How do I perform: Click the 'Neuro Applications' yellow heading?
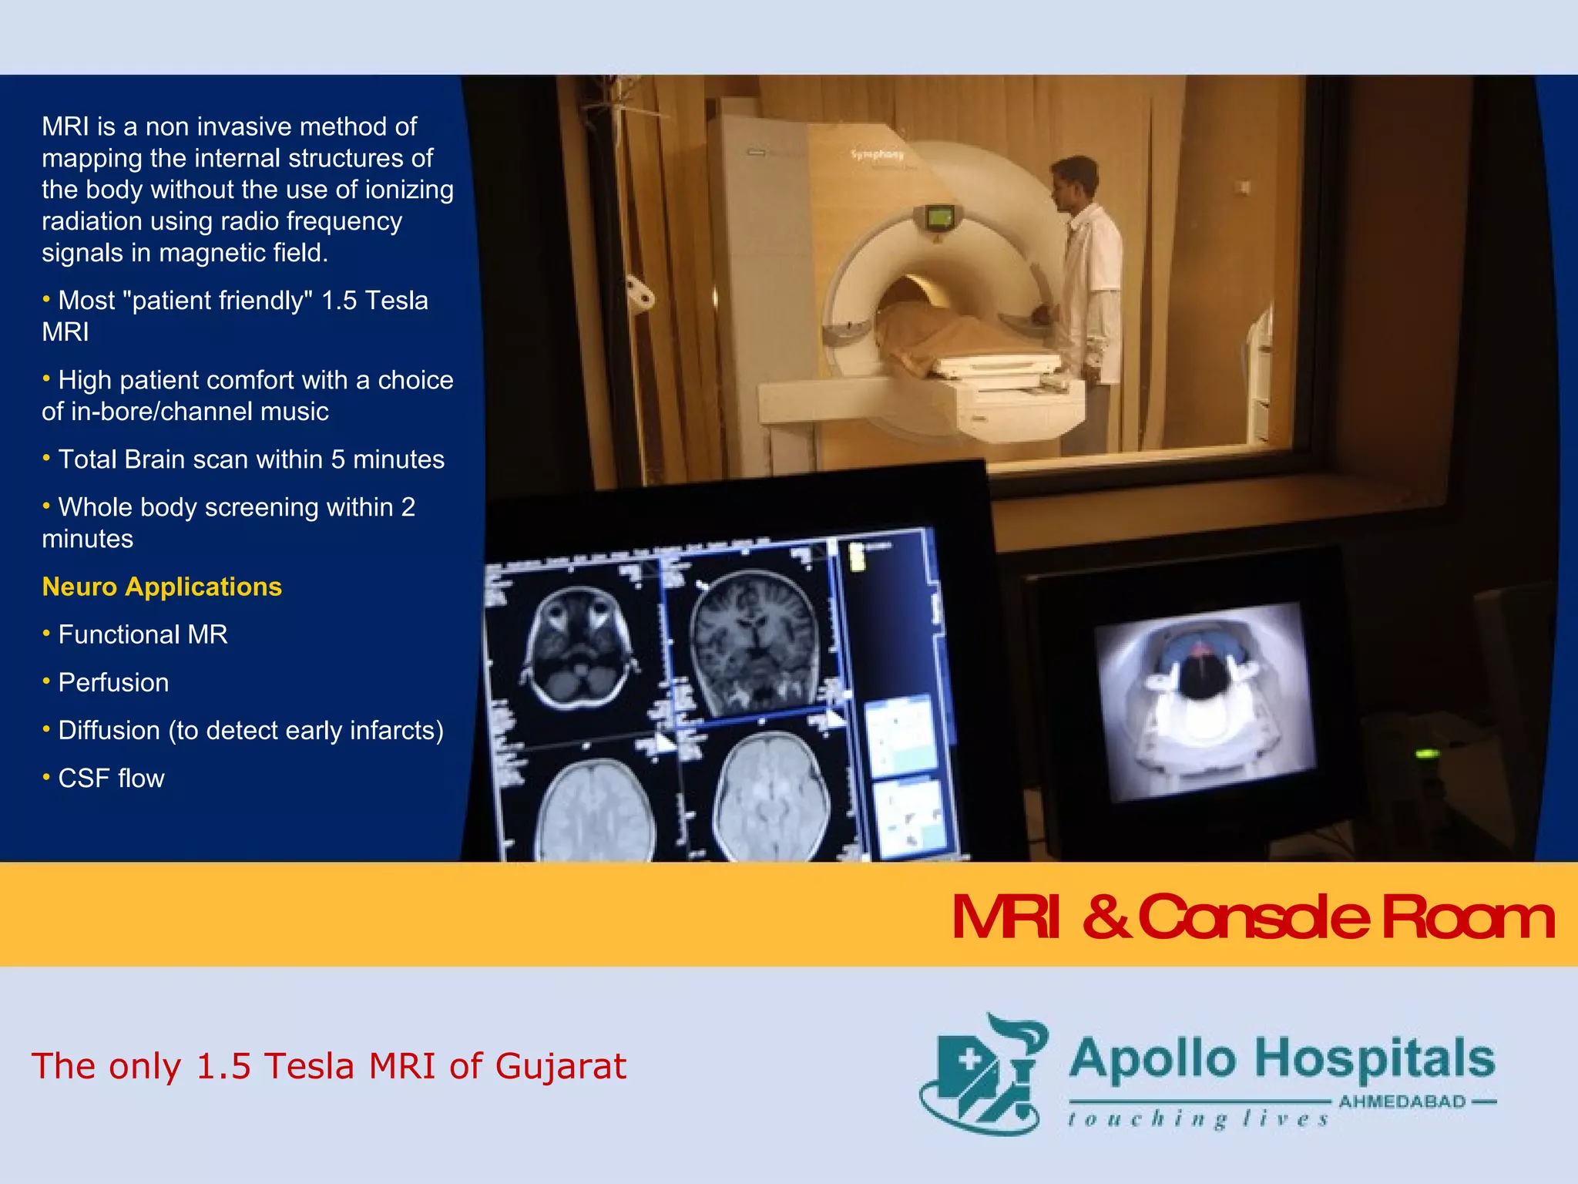click(x=162, y=587)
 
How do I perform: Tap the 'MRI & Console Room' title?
click(x=1253, y=917)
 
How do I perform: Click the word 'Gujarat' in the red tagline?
click(x=560, y=1066)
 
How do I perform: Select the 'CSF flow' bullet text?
click(x=111, y=778)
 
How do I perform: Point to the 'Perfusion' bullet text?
click(x=113, y=682)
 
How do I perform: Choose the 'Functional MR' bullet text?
click(x=143, y=634)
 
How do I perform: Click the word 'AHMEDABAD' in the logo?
click(x=1402, y=1102)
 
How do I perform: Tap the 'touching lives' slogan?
click(x=1198, y=1119)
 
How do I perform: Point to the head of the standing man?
click(x=1074, y=182)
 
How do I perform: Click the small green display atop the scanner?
click(x=938, y=217)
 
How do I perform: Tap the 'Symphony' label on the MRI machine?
click(x=877, y=155)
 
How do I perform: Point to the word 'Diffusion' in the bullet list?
click(x=109, y=730)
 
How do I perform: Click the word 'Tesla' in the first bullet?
click(x=396, y=300)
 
